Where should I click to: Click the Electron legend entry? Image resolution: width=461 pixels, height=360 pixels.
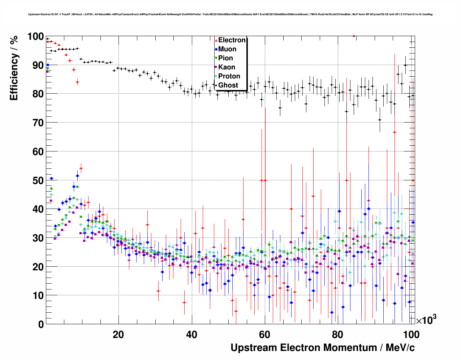(x=232, y=40)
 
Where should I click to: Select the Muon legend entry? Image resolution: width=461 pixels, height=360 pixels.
(x=227, y=49)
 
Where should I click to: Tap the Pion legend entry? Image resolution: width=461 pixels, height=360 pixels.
(x=225, y=58)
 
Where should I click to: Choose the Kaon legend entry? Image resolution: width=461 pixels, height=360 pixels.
(x=227, y=67)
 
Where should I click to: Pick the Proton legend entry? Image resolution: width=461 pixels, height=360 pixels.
(x=229, y=76)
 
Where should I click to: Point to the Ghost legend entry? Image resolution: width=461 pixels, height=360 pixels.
(x=228, y=85)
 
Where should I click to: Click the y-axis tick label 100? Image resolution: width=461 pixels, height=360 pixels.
(x=35, y=37)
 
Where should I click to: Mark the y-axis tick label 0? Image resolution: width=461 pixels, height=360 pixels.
(x=41, y=324)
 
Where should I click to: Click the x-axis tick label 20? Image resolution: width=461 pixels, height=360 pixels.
(x=118, y=335)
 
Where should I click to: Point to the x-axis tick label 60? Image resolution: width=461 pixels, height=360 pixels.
(x=265, y=335)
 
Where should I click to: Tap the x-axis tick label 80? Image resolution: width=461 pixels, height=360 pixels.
(x=338, y=335)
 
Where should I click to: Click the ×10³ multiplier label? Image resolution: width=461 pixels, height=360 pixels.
(x=426, y=320)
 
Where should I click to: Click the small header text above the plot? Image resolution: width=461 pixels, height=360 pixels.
(x=230, y=14)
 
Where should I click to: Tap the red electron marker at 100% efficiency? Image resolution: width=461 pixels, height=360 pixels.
(x=354, y=36)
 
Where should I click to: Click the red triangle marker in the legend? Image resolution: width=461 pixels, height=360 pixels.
(x=216, y=40)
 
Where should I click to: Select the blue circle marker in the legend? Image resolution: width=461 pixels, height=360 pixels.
(x=216, y=49)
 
